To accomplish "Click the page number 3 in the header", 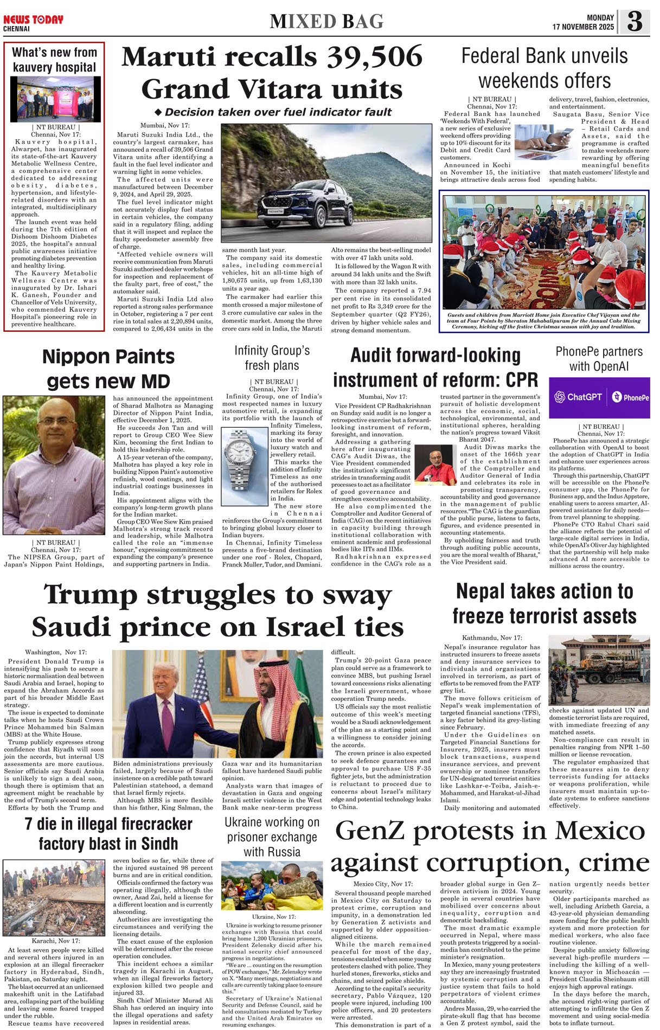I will [635, 21].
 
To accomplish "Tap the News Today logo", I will [33, 20].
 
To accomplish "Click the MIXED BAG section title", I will [326, 22].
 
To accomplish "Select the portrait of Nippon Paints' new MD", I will [54, 465].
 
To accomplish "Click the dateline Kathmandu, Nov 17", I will [492, 638].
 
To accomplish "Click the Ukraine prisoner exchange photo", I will [272, 885].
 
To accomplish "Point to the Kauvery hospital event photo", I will [55, 98].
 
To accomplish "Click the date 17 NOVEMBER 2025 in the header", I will [583, 27].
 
